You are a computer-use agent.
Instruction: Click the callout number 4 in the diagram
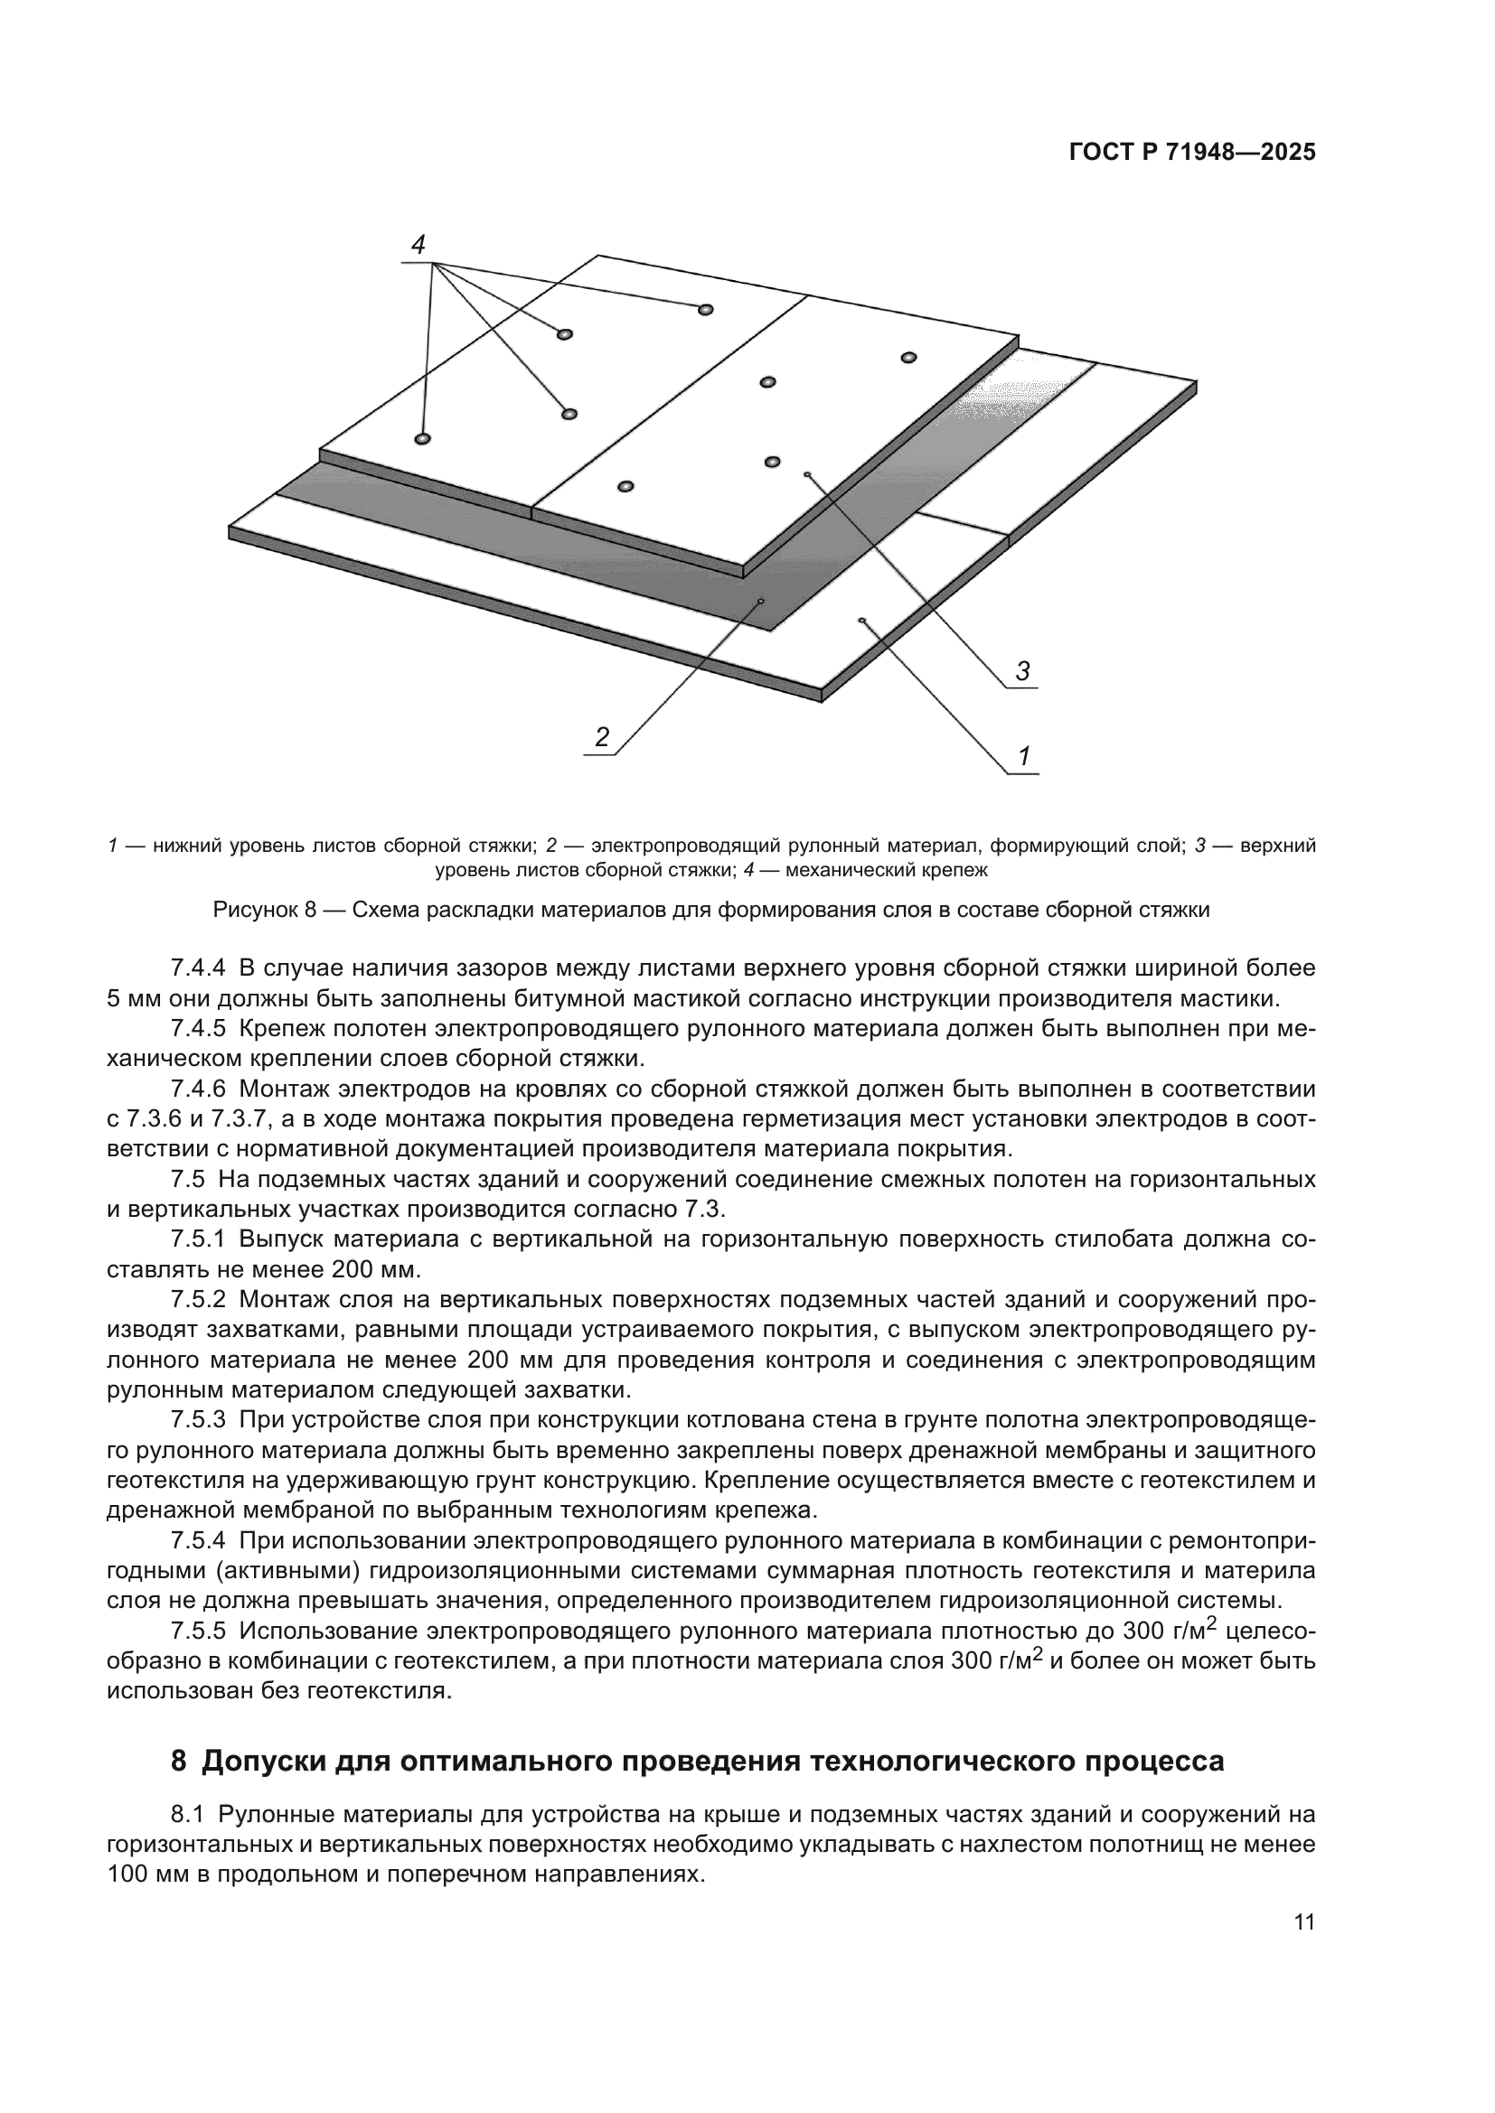(418, 245)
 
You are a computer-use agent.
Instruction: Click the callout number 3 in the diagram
(1023, 671)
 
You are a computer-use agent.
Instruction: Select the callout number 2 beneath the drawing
(601, 737)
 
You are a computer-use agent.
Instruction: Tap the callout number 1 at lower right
(1023, 756)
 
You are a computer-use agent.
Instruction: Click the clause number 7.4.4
(197, 968)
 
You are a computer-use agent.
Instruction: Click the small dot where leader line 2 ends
(761, 601)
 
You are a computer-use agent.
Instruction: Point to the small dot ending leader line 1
(861, 621)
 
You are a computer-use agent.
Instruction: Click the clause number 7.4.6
(197, 1089)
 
